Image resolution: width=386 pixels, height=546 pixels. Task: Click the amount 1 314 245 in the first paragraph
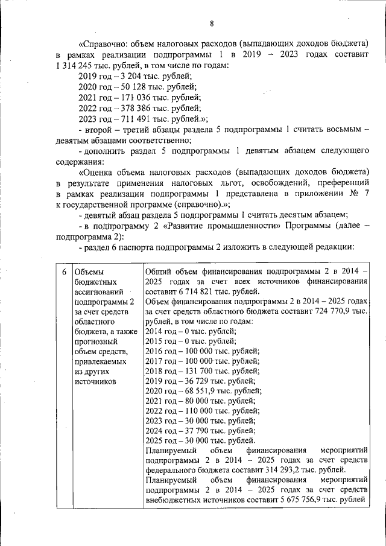pyautogui.click(x=77, y=65)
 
